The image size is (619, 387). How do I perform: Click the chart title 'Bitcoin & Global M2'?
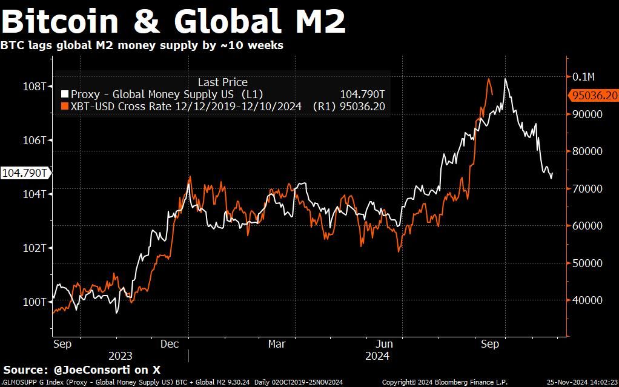174,21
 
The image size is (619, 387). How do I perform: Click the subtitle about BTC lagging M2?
142,45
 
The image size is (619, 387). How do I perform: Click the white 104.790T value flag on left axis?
25,173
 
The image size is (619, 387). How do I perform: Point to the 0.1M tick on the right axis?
584,76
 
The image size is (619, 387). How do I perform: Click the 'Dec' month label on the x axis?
170,344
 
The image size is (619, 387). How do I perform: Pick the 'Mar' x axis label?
277,344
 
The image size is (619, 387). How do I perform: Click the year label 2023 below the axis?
121,356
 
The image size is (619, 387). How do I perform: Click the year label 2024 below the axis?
377,356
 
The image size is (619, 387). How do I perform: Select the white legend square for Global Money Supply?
65,94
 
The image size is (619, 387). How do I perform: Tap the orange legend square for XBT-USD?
65,107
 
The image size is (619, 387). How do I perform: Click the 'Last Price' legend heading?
222,82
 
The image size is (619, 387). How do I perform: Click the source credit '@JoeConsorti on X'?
105,369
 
